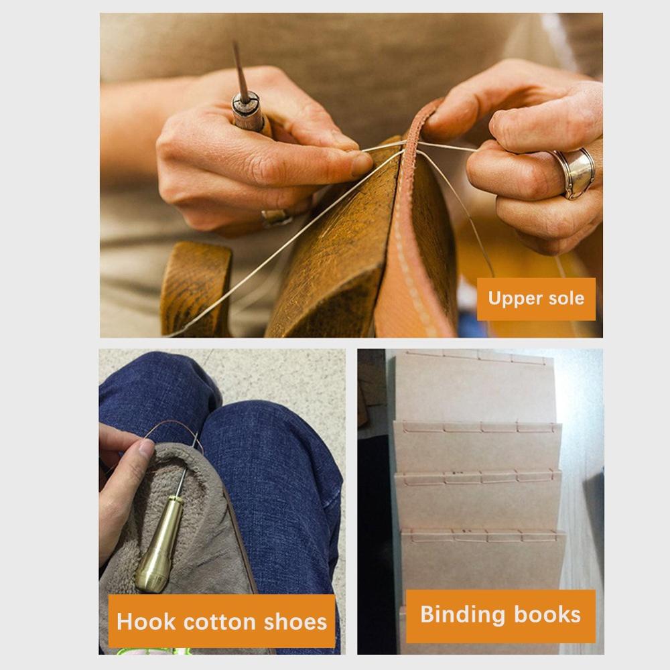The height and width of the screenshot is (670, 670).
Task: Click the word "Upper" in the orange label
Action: (x=512, y=299)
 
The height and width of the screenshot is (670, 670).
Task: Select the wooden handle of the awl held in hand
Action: (x=250, y=114)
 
